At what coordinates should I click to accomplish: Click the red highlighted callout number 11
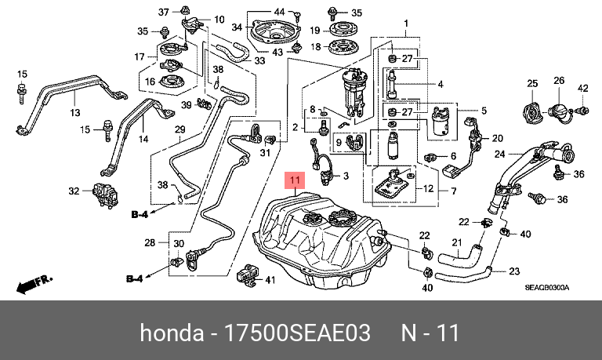point(295,180)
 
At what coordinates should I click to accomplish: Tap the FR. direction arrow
point(34,284)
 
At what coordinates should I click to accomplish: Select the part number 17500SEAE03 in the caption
point(297,333)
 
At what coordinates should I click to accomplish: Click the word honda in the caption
point(172,333)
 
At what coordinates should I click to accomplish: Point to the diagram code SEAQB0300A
point(546,288)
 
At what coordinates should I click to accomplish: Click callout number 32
point(74,191)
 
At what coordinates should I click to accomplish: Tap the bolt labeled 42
point(582,111)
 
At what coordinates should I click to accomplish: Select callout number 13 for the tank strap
point(75,113)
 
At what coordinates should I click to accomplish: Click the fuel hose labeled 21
point(460,254)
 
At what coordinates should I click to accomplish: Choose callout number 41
point(270,280)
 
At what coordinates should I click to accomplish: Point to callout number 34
point(237,27)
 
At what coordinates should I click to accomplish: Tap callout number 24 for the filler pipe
point(499,154)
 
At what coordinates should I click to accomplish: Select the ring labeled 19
point(341,29)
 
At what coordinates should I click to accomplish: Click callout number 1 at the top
point(406,24)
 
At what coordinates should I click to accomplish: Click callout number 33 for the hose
point(259,60)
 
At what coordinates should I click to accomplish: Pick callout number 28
point(150,242)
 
